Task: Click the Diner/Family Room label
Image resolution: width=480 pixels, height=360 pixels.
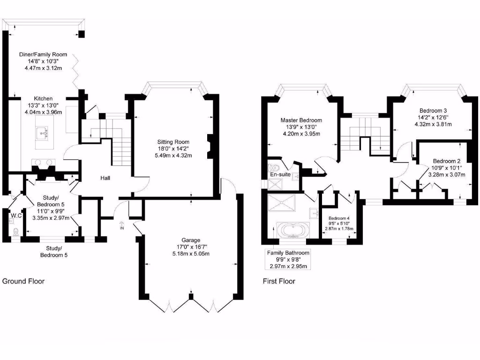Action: [43, 54]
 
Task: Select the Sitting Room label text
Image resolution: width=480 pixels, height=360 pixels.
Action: [173, 142]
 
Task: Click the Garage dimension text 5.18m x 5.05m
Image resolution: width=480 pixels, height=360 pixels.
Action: [190, 254]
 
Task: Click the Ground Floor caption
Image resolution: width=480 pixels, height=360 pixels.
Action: [23, 281]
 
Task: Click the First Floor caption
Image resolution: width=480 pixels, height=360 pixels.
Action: [278, 281]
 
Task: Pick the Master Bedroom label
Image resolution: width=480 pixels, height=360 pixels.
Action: [301, 120]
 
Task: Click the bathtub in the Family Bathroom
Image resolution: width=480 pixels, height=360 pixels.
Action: [292, 231]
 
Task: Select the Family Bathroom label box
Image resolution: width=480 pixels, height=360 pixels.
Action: [288, 259]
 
